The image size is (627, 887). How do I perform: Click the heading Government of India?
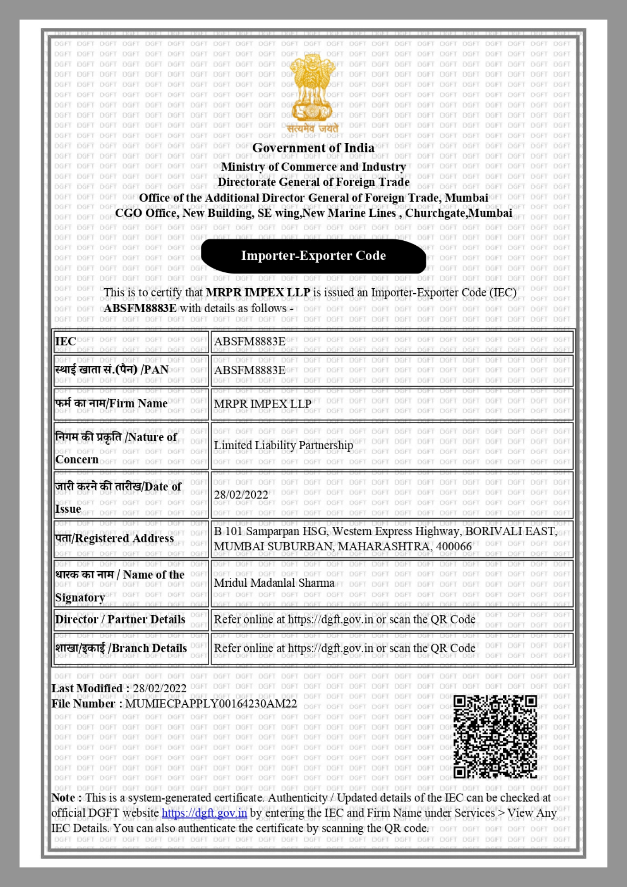[313, 148]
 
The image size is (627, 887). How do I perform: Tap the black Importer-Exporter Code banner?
[313, 256]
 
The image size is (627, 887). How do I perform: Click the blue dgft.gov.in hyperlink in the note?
[204, 813]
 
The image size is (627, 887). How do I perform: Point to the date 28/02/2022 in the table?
[241, 495]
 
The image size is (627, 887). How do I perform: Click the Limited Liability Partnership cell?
[283, 445]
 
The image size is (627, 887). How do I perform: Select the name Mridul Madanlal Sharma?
[274, 583]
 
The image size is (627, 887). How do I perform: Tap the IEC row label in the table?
[66, 341]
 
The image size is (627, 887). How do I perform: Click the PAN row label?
[112, 370]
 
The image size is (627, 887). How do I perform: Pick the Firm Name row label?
[111, 404]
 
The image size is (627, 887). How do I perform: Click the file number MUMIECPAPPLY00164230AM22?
[211, 704]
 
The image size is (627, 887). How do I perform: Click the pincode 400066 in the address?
[454, 546]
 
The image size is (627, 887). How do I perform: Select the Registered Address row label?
[114, 538]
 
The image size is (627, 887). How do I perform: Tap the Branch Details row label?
[121, 648]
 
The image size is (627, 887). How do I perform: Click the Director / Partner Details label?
[120, 620]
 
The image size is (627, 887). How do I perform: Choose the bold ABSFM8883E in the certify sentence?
[140, 308]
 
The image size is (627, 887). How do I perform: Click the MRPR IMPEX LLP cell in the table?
[263, 404]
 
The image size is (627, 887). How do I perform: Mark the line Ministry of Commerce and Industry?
[313, 167]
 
